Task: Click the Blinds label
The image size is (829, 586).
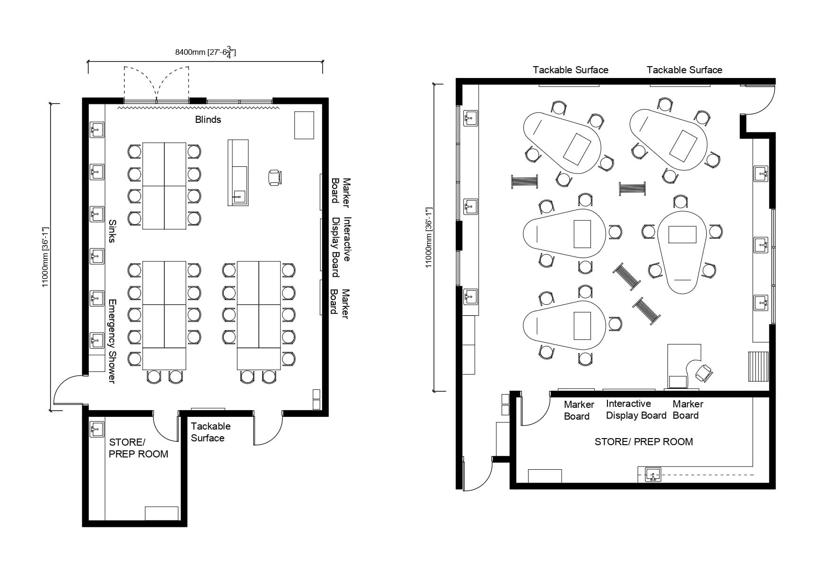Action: [x=208, y=120]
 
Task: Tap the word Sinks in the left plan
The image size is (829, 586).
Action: [x=112, y=231]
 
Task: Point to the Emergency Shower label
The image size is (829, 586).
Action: [x=112, y=341]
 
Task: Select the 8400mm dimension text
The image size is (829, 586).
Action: [x=205, y=52]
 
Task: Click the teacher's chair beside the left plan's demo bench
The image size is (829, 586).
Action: [x=275, y=178]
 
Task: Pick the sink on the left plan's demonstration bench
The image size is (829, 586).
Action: [x=239, y=196]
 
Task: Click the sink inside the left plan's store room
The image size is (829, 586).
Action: [x=97, y=430]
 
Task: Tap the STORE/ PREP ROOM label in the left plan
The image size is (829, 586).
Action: [x=138, y=448]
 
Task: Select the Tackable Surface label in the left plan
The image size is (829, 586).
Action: [x=211, y=432]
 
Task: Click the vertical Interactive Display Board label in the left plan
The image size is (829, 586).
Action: [x=341, y=246]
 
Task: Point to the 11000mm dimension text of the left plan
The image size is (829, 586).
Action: [x=45, y=257]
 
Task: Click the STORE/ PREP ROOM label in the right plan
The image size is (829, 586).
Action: [x=644, y=442]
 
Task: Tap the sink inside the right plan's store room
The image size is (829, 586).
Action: [x=653, y=474]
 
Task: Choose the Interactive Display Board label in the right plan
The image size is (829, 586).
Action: [x=636, y=409]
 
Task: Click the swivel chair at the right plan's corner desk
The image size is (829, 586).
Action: [x=704, y=373]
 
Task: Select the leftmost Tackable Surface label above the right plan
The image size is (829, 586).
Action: [x=571, y=70]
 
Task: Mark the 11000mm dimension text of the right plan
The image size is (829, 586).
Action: [x=429, y=237]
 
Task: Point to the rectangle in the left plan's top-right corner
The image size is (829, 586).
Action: [x=304, y=125]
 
